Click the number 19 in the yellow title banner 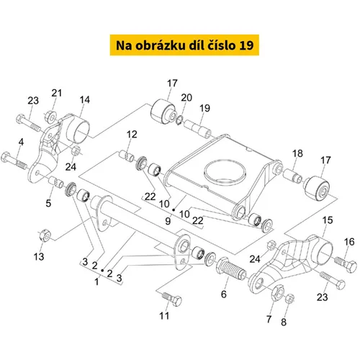[x=246, y=45]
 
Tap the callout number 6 [x=224, y=294]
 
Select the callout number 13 [x=39, y=256]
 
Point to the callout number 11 [x=164, y=316]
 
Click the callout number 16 [x=349, y=242]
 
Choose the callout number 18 [x=297, y=153]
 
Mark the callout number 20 [x=186, y=98]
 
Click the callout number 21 [x=57, y=93]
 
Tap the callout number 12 [x=132, y=135]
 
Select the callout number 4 [x=21, y=142]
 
